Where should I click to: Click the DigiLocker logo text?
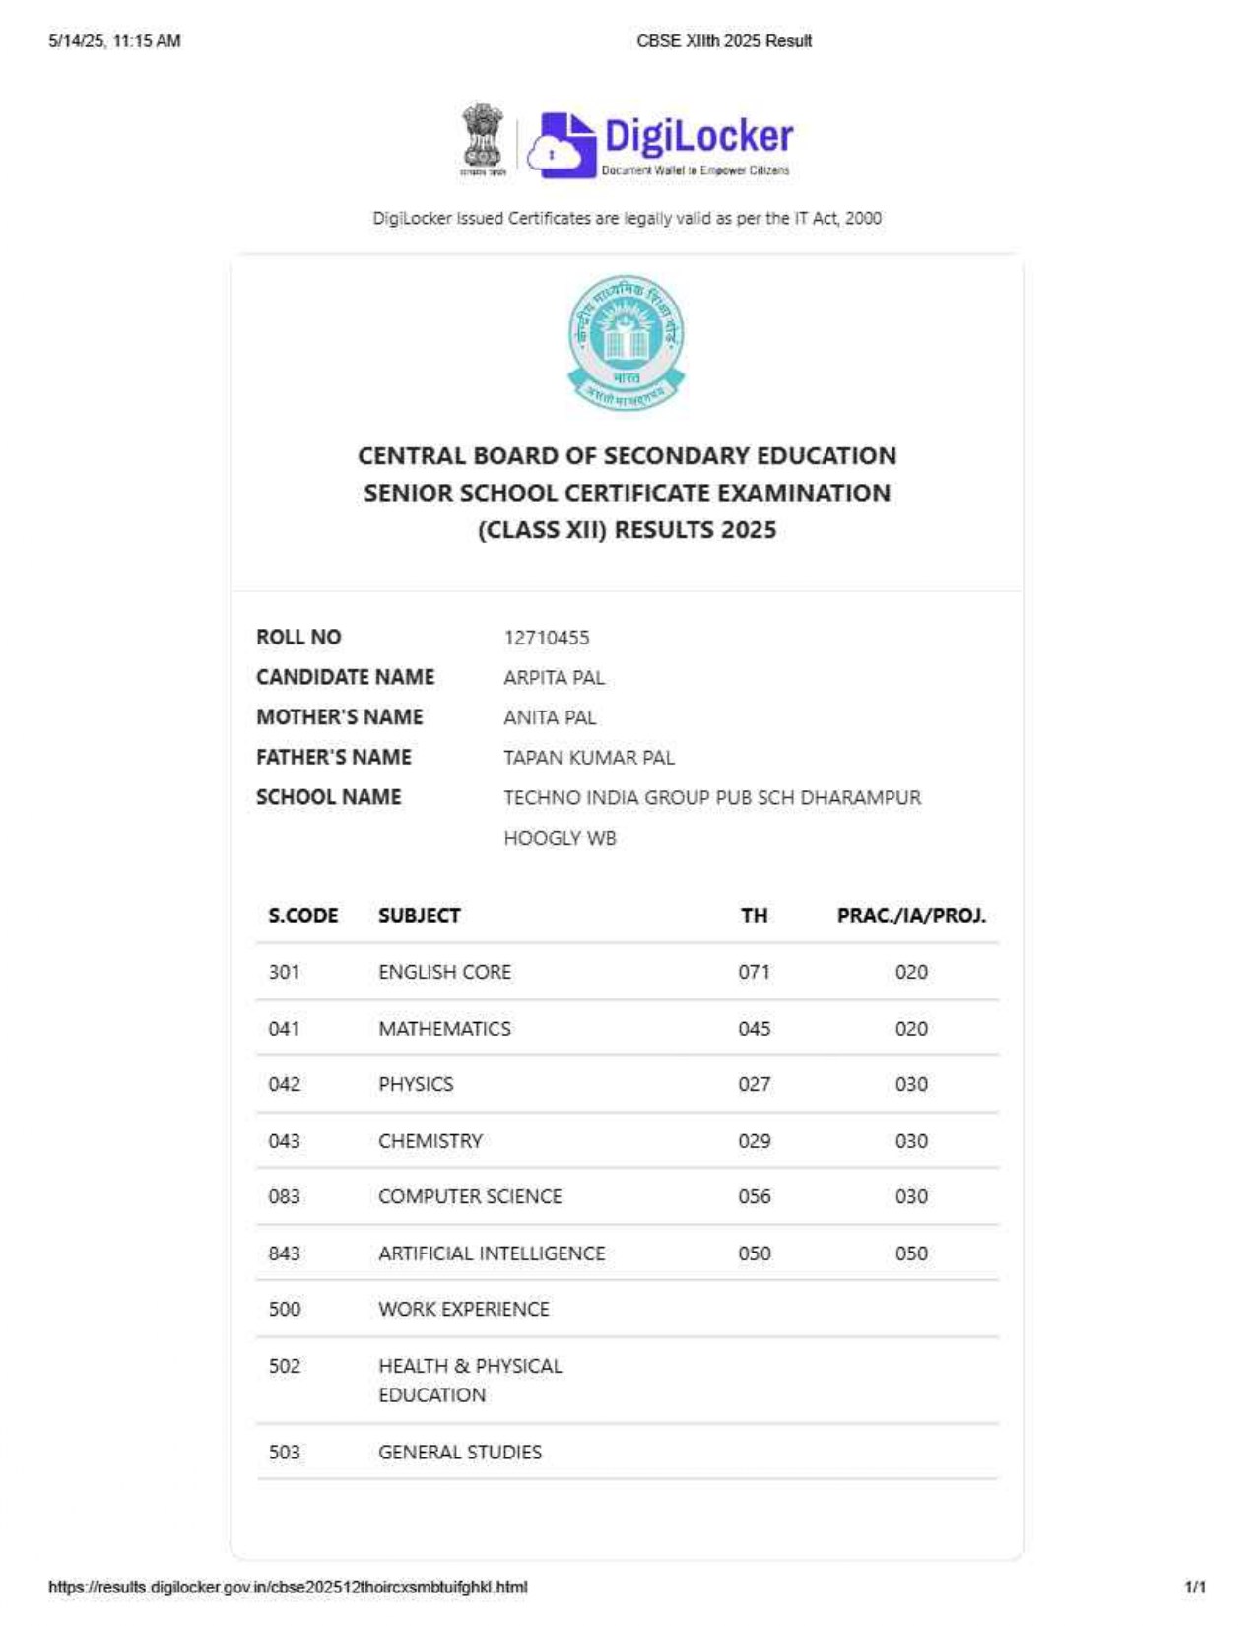point(697,137)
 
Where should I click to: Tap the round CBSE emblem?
point(627,341)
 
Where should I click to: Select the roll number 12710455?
point(547,638)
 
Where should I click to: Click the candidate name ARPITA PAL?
point(554,678)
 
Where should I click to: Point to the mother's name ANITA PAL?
point(550,718)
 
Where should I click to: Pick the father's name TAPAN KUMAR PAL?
point(589,758)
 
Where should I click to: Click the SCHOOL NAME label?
point(328,797)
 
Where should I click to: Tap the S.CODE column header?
point(302,915)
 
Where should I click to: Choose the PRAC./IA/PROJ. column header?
point(911,915)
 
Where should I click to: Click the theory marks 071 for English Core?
point(755,972)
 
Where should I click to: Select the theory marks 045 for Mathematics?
point(755,1029)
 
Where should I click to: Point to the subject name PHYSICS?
point(416,1084)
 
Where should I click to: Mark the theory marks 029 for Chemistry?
point(755,1141)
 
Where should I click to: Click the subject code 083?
point(285,1196)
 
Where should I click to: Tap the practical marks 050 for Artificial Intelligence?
point(911,1253)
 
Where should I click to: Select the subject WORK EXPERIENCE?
point(464,1309)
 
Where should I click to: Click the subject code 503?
point(285,1452)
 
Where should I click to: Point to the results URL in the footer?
point(288,1587)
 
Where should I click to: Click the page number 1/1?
point(1195,1587)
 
